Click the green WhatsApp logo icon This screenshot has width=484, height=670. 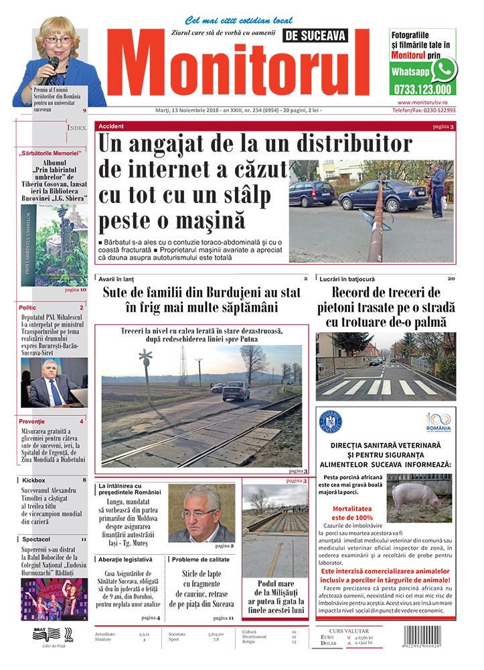click(x=444, y=68)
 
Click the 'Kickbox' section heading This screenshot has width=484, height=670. click(x=33, y=480)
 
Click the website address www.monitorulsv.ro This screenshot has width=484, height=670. click(x=422, y=102)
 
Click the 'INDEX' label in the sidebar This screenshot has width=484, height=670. click(x=77, y=127)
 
